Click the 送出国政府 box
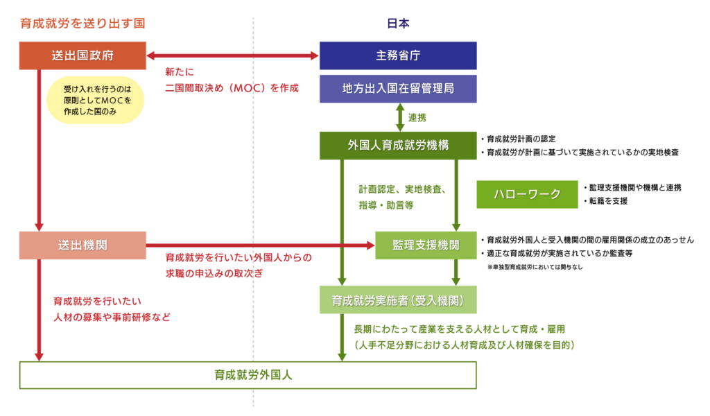point(83,55)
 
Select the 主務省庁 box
point(397,55)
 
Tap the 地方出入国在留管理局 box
point(397,89)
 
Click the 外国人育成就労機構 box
point(397,146)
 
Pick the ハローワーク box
point(526,194)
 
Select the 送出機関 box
point(83,245)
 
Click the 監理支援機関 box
point(426,245)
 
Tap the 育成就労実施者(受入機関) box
point(397,300)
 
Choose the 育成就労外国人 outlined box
point(248,375)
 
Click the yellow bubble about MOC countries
point(93,100)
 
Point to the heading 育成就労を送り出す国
point(83,23)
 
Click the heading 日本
point(397,23)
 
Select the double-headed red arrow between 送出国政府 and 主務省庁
point(232,55)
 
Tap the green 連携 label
point(417,118)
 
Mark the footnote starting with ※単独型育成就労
point(535,266)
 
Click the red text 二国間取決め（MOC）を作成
point(232,88)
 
